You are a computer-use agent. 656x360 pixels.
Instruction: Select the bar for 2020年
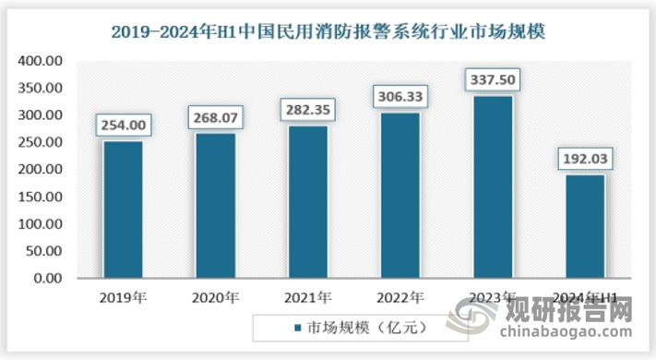[215, 205]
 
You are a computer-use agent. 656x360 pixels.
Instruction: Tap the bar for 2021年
[307, 201]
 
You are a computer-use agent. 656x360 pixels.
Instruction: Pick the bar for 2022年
[400, 195]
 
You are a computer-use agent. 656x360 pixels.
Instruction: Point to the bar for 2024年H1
[584, 226]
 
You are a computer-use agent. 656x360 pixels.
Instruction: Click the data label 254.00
[123, 124]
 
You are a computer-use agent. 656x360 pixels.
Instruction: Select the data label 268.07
[215, 116]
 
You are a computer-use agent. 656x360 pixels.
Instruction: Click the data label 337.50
[492, 79]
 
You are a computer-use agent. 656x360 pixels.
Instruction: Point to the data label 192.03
[584, 158]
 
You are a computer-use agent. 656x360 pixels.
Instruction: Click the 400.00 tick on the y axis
[39, 62]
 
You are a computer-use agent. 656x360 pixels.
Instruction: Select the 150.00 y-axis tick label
[39, 197]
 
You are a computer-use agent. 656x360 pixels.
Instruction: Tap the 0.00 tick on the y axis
[47, 278]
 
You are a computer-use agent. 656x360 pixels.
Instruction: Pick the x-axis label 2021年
[307, 297]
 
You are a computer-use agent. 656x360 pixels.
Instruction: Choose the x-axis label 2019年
[123, 297]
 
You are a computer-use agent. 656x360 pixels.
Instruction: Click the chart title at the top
[328, 32]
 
